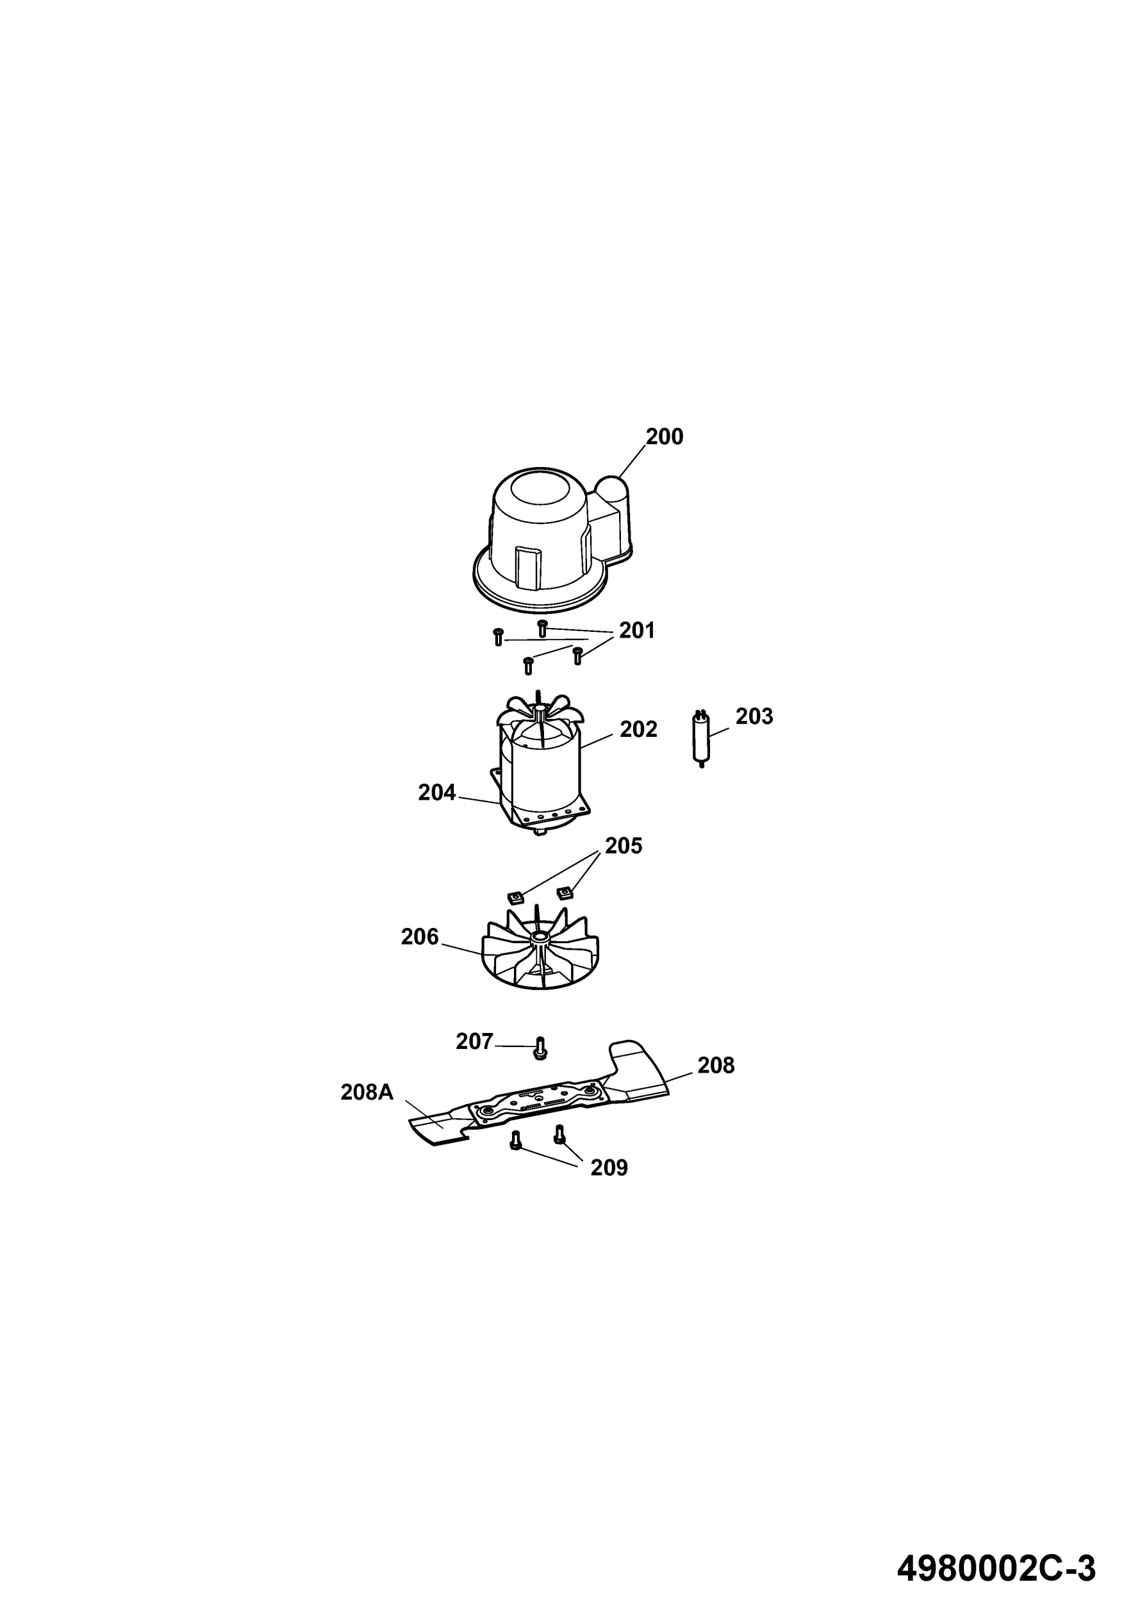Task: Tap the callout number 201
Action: (x=637, y=630)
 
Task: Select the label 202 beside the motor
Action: (x=638, y=729)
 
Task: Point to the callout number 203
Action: (x=754, y=716)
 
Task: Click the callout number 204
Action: (x=437, y=793)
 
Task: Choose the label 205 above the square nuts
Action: (x=623, y=846)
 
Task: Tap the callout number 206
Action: (x=419, y=936)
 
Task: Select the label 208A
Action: (x=367, y=1092)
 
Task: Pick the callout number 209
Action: (x=609, y=1168)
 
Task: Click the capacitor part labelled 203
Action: (x=701, y=739)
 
